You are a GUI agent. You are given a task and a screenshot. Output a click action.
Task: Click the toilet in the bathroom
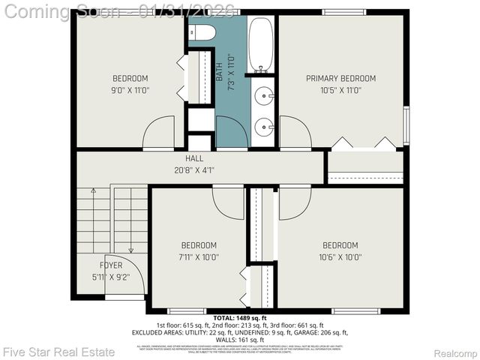[202, 32]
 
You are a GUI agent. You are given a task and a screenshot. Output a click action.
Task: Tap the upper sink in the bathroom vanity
[263, 96]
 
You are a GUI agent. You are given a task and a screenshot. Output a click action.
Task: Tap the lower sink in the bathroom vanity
[263, 128]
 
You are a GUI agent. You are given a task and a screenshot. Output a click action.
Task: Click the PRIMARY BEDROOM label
[340, 78]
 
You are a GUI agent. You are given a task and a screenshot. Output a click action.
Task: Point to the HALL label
[194, 159]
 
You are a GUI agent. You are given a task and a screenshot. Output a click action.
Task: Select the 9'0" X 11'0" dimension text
[130, 90]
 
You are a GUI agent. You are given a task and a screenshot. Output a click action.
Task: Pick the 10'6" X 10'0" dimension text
[340, 256]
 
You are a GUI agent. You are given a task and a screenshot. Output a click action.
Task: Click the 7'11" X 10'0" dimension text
[199, 256]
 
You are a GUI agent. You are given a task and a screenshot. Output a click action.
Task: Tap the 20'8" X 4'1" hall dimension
[194, 170]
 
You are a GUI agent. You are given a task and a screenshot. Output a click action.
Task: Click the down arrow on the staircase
[131, 250]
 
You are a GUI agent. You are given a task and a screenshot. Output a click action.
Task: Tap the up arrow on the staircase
[93, 192]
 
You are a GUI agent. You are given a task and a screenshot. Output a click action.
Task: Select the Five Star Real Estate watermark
[59, 352]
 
